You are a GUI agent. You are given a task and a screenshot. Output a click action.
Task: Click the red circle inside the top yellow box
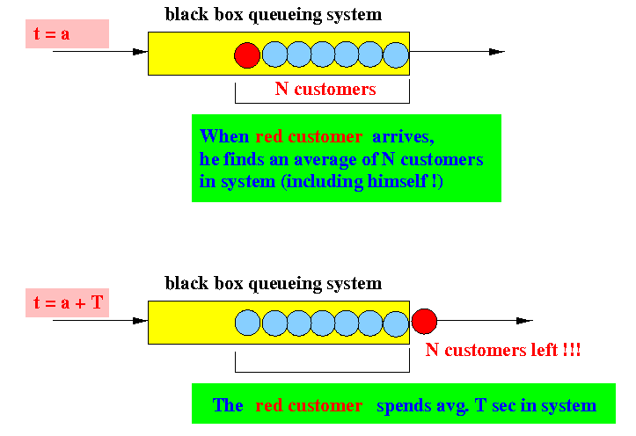[248, 55]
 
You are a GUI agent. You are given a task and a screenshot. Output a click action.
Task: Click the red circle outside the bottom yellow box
[425, 322]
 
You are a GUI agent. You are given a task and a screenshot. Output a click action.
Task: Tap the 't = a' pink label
[67, 34]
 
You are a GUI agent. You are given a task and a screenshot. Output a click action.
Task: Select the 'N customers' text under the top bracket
[325, 89]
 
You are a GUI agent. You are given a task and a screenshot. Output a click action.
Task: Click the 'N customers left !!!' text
[504, 350]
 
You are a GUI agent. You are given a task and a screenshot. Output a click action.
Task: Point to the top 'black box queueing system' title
[274, 14]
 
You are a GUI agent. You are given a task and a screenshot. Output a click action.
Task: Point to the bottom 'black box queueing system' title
[274, 283]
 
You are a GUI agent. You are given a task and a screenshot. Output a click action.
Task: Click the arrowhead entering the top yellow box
[140, 52]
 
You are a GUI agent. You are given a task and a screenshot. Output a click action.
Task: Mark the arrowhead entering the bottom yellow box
[140, 321]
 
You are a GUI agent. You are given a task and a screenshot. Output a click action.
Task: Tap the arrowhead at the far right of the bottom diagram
[525, 321]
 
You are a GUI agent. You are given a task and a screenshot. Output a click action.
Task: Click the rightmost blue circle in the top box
[396, 55]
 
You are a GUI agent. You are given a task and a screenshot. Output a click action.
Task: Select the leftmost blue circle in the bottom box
[248, 323]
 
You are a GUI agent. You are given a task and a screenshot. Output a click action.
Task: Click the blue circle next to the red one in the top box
[274, 55]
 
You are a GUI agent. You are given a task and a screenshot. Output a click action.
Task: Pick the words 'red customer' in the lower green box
[309, 405]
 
